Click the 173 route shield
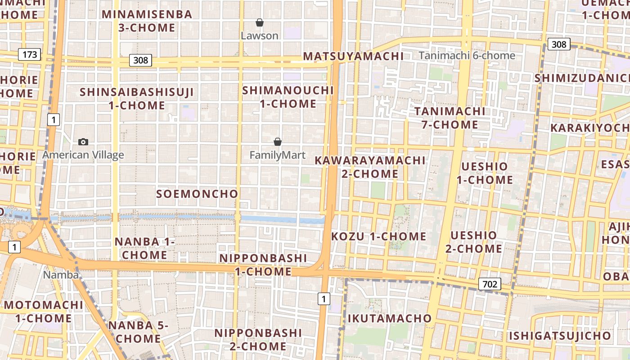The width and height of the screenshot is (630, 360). point(30,55)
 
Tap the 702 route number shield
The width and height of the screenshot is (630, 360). point(490,284)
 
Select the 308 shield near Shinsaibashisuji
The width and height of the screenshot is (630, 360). point(141,60)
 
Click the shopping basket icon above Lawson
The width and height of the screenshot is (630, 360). point(260,22)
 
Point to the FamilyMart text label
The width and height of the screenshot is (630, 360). point(278,155)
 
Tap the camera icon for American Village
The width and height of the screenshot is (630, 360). point(83,142)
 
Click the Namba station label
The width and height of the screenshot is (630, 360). point(61,274)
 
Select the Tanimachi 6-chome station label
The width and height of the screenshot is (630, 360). point(467,55)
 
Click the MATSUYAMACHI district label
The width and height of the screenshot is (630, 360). point(353,56)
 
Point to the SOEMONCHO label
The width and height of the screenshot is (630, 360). point(197,194)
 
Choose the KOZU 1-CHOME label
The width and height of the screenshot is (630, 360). point(379,236)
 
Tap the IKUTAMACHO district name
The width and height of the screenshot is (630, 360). point(390,319)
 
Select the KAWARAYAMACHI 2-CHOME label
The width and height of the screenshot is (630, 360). point(370,167)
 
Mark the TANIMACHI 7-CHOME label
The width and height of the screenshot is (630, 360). point(450,118)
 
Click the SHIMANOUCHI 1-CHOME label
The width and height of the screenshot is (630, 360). point(288,97)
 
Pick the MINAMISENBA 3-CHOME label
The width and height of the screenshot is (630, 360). point(147,21)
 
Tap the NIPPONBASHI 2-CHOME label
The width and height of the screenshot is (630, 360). point(258,339)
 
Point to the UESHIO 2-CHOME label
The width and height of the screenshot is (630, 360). point(474,242)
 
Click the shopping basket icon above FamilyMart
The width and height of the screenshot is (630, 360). point(278,142)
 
